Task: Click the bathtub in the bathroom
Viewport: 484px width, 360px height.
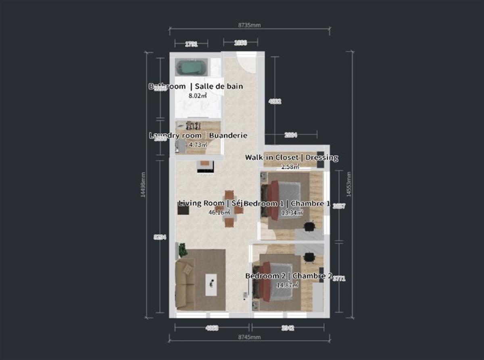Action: pyautogui.click(x=192, y=67)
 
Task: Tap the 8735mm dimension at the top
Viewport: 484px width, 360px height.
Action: pyautogui.click(x=250, y=25)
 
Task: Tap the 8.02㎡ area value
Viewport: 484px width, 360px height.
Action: pyautogui.click(x=198, y=96)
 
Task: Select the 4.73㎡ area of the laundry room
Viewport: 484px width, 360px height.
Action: pyautogui.click(x=198, y=144)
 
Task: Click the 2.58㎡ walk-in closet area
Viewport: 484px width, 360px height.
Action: pyautogui.click(x=290, y=166)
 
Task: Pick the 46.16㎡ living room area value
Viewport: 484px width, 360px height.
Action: pyautogui.click(x=218, y=212)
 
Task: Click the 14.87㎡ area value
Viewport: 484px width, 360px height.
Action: pyautogui.click(x=287, y=285)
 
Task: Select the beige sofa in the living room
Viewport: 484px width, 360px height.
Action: pyautogui.click(x=185, y=285)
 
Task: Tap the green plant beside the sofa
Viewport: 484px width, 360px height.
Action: pyautogui.click(x=183, y=250)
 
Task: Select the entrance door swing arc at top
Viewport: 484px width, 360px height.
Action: pyautogui.click(x=246, y=63)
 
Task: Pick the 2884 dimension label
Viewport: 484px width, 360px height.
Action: pyautogui.click(x=290, y=136)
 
